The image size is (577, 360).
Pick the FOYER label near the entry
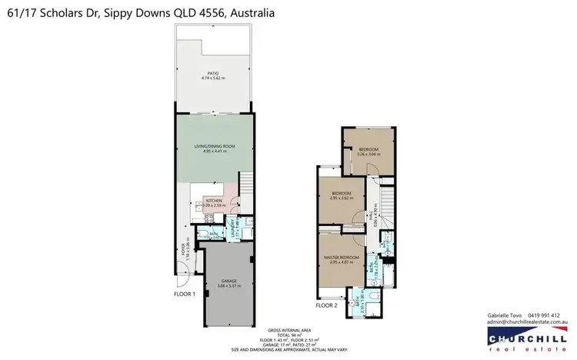point(183,249)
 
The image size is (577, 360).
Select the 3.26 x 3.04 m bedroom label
point(369,151)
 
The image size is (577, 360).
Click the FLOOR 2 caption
point(326,305)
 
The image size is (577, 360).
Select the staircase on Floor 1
point(246,185)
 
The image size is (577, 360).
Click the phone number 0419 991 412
point(543,315)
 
